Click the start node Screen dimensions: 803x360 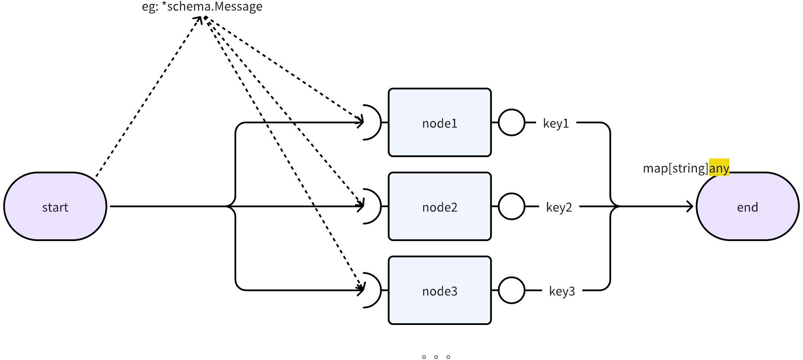click(55, 206)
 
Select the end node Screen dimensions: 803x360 click(748, 206)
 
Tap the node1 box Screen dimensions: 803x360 click(440, 122)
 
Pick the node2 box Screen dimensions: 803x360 click(440, 206)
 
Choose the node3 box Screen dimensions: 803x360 click(440, 290)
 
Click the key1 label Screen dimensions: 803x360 click(556, 124)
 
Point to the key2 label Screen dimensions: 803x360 click(559, 208)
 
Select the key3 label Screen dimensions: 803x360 click(562, 292)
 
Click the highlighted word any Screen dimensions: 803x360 click(719, 168)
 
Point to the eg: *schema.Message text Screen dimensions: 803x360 click(202, 6)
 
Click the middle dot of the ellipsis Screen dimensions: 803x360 click(436, 357)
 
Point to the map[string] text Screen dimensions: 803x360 click(676, 168)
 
